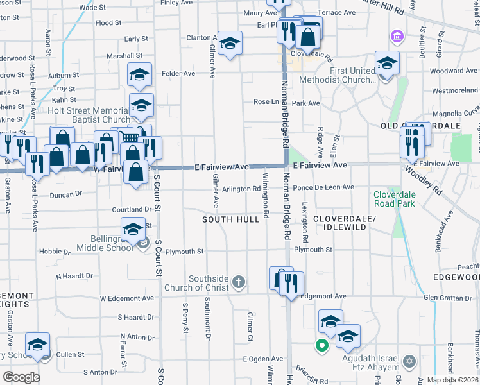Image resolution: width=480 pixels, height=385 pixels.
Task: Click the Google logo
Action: [x=21, y=377]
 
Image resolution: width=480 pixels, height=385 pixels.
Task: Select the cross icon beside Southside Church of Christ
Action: [x=238, y=281]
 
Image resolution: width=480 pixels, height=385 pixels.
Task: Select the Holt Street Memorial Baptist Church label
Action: [x=89, y=115]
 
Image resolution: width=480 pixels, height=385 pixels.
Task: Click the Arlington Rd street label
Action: [x=241, y=189]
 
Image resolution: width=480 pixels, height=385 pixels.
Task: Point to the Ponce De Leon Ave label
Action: [x=323, y=187]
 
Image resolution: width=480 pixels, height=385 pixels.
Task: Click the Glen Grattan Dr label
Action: [x=447, y=297]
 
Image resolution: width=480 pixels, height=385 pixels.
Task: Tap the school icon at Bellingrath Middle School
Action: [x=133, y=230]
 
